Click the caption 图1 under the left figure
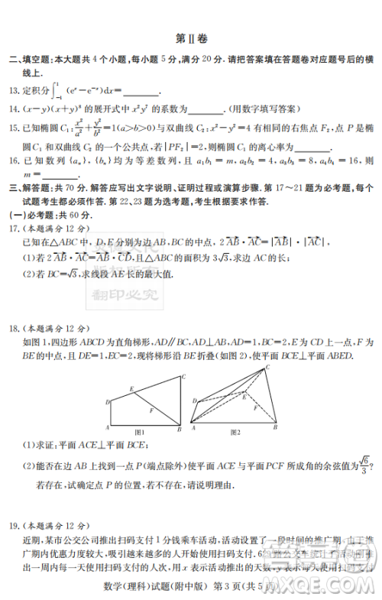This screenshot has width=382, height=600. coord(139,433)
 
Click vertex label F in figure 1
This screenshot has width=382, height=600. coord(151,410)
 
